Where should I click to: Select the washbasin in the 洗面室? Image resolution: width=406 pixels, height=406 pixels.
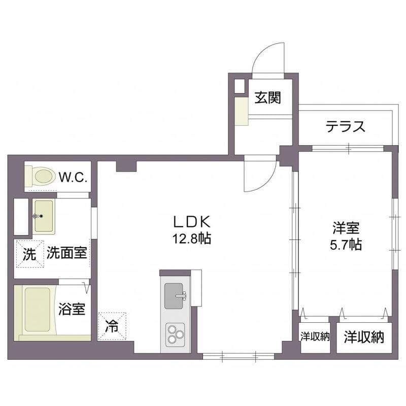(44, 216)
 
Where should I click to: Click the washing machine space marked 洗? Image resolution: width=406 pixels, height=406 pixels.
(30, 254)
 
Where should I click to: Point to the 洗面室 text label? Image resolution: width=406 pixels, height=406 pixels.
(67, 252)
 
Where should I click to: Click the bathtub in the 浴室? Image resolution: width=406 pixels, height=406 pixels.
(37, 309)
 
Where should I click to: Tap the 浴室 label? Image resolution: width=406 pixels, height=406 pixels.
(72, 309)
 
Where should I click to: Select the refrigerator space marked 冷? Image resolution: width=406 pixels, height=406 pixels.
(112, 326)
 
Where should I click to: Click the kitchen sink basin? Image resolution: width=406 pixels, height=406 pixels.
(174, 296)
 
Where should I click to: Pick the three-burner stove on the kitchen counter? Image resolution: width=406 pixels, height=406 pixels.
(175, 335)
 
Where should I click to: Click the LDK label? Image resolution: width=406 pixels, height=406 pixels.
(192, 222)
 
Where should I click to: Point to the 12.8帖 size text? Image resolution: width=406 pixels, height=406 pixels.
(192, 239)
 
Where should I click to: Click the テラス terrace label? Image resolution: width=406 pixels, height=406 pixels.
(346, 126)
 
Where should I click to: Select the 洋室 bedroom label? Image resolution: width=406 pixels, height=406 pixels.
(346, 228)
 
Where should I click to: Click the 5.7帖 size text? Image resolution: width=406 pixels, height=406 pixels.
(346, 244)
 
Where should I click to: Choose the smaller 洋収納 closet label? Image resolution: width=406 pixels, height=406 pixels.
(315, 337)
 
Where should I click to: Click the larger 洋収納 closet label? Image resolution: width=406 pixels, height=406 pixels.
(364, 337)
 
